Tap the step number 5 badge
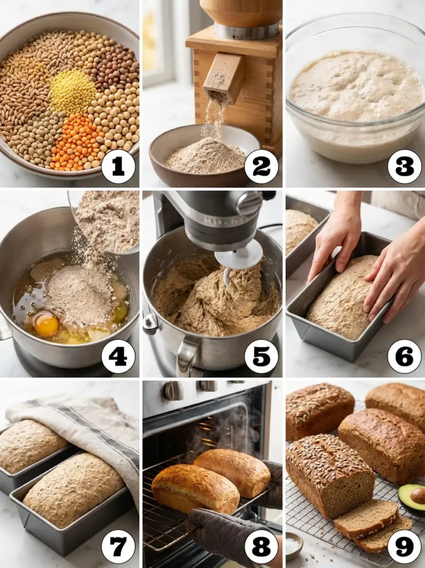(261, 356)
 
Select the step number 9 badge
(404, 546)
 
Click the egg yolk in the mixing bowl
(46, 324)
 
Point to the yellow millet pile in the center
(72, 92)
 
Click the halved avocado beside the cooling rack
(412, 499)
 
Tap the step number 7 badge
(118, 546)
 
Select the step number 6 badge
(404, 356)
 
